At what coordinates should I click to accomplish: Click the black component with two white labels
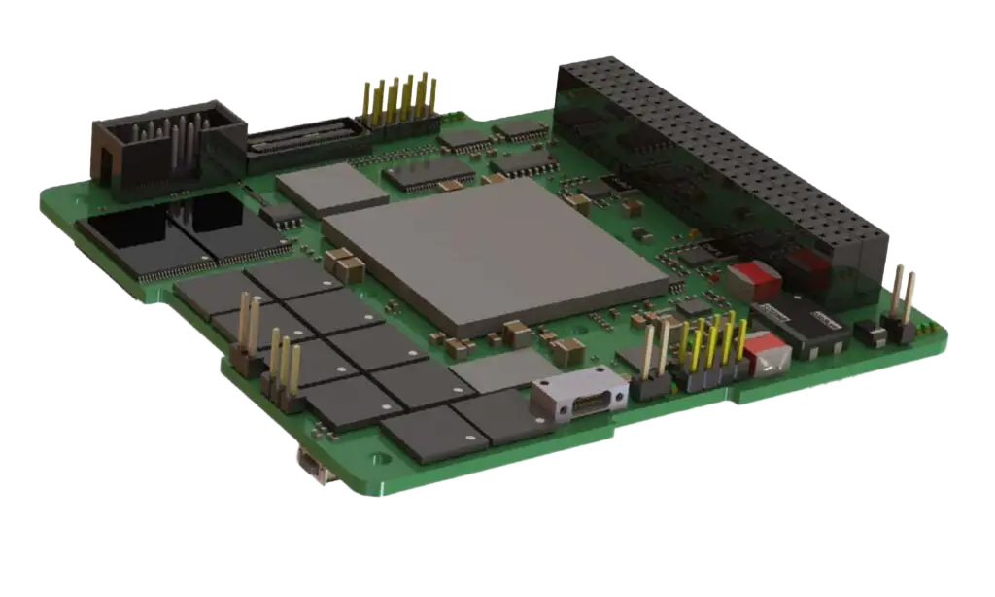pyautogui.click(x=803, y=326)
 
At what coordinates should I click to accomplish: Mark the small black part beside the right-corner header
pyautogui.click(x=870, y=335)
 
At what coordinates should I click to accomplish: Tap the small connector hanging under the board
pyautogui.click(x=313, y=468)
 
